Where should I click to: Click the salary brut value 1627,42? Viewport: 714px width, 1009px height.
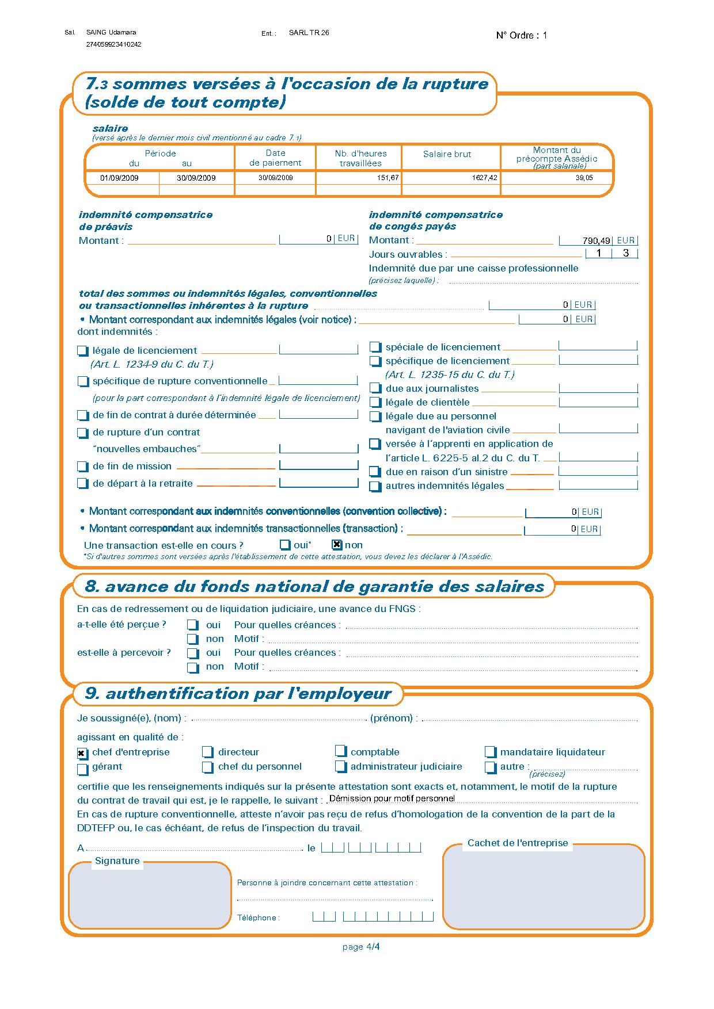484,178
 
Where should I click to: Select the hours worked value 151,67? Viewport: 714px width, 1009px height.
388,178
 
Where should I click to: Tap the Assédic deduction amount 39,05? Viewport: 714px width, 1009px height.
584,178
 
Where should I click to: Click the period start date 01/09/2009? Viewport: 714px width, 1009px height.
119,178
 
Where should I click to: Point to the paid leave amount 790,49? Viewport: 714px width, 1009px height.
596,241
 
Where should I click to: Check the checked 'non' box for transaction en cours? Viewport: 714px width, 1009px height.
337,545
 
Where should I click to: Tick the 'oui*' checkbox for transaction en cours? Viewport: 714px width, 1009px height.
285,545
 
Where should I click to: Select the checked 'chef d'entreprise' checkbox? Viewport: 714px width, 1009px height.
83,753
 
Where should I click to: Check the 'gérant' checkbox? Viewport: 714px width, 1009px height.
83,768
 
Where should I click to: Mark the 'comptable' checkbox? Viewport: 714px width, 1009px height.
341,752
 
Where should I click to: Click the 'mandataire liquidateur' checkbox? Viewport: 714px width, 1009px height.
491,752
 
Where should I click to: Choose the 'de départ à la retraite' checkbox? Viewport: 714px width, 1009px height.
83,484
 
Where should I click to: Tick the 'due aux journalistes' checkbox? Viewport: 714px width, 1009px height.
375,389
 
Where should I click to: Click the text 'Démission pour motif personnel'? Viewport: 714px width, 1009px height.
392,798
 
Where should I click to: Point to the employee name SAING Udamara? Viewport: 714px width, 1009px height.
111,33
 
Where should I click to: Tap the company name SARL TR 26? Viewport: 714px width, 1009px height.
309,33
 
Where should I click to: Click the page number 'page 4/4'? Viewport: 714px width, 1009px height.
360,947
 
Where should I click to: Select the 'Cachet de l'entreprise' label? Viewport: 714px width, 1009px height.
517,843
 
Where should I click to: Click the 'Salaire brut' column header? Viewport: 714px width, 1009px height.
447,154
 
